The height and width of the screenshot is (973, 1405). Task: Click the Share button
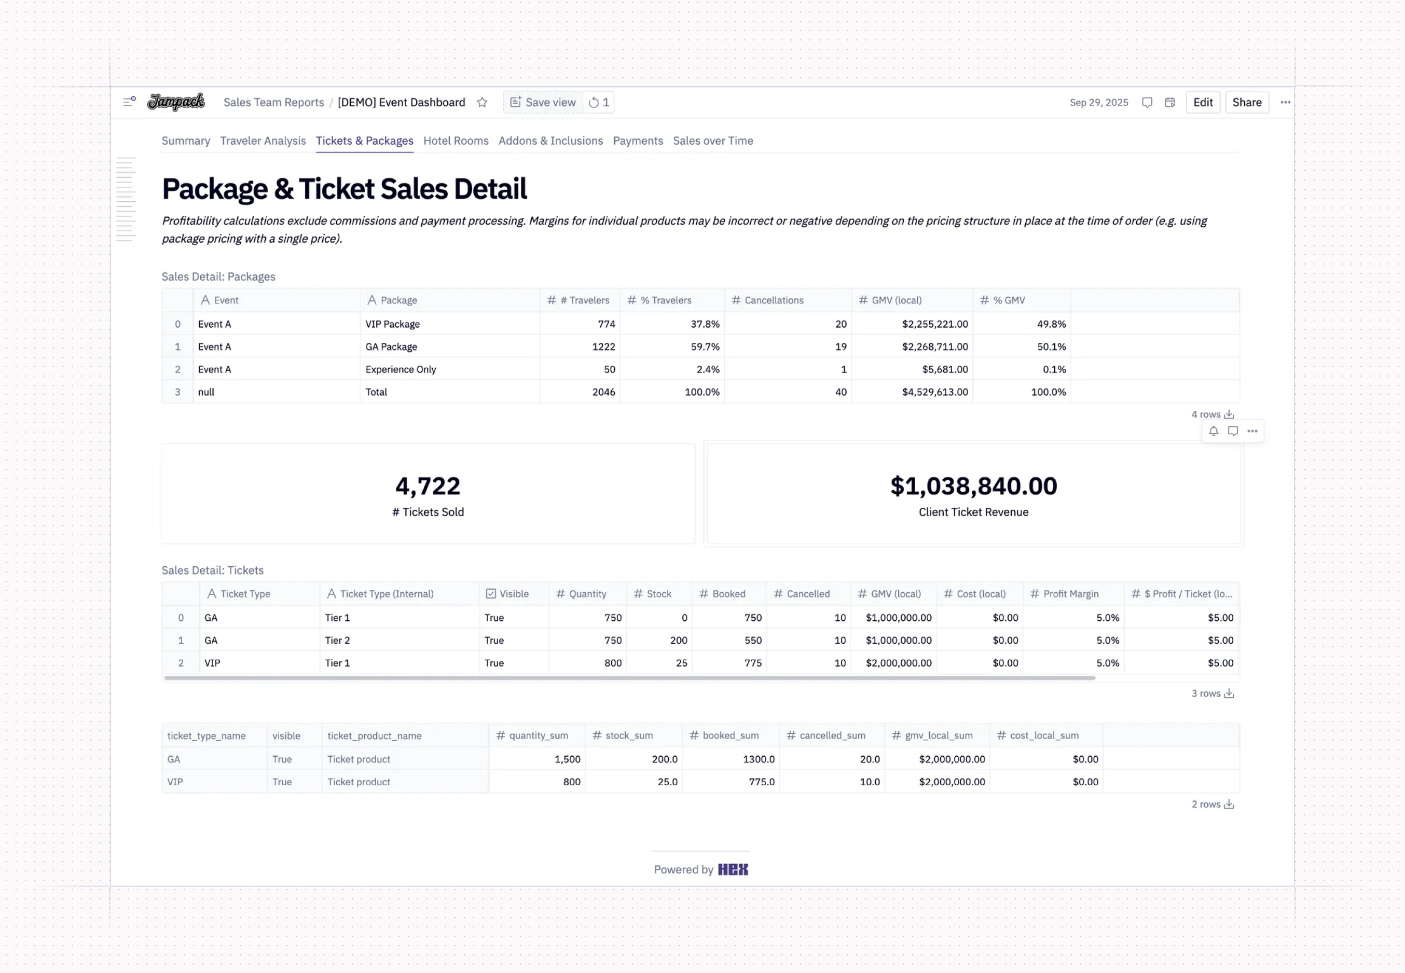(1246, 102)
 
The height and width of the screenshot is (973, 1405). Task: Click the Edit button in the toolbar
(1203, 102)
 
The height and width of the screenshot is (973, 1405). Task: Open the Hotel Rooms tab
(456, 141)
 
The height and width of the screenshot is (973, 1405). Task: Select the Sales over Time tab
(712, 141)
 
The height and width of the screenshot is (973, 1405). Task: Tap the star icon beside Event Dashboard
(482, 102)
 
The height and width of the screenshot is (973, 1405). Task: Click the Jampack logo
(176, 102)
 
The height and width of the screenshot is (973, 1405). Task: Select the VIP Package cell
(392, 324)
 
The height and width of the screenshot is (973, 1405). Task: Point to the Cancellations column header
(773, 300)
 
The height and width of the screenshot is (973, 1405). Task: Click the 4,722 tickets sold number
(428, 486)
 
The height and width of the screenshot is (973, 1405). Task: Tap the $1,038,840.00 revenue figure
(973, 486)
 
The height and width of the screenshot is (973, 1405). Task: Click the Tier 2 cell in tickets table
(337, 641)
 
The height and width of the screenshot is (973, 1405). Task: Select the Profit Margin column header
(1070, 594)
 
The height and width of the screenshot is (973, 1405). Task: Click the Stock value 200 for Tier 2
(678, 641)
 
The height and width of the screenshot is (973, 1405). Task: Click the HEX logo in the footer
(733, 870)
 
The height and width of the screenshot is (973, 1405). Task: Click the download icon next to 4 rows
(1229, 414)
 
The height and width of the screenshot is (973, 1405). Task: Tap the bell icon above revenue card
(1213, 432)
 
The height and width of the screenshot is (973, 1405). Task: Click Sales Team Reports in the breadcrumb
(273, 102)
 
